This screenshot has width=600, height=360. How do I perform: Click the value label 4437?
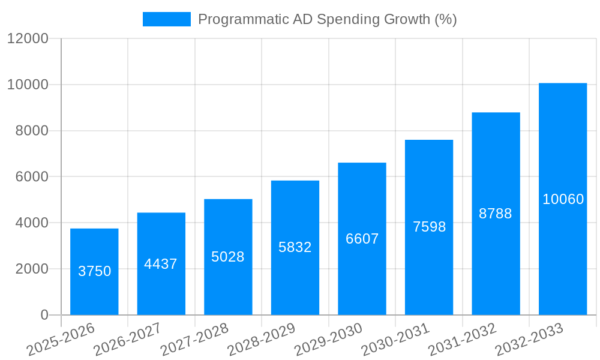[x=161, y=264]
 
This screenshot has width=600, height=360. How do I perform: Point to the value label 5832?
[x=295, y=247]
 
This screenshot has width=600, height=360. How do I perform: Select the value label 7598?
[x=429, y=227]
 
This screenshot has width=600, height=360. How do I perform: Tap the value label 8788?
[x=496, y=214]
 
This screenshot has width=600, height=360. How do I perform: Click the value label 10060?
[x=563, y=199]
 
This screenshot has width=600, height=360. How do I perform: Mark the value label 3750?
[x=95, y=271]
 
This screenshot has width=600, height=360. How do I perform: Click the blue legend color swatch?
[x=166, y=19]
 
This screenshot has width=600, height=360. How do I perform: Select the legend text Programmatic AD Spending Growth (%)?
[x=327, y=19]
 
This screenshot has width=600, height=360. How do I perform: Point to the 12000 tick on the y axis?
[x=28, y=38]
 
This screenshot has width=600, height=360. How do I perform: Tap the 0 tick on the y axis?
[x=44, y=315]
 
